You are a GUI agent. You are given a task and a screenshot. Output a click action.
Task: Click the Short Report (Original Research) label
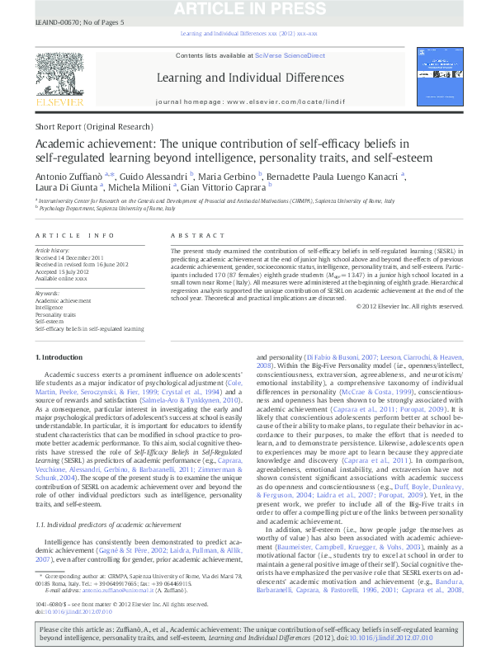coord(94,127)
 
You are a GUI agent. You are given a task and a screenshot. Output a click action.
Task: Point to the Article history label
coord(53,249)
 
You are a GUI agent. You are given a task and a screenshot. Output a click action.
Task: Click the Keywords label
coord(47,294)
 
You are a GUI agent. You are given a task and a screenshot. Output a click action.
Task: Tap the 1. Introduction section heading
coord(61,356)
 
